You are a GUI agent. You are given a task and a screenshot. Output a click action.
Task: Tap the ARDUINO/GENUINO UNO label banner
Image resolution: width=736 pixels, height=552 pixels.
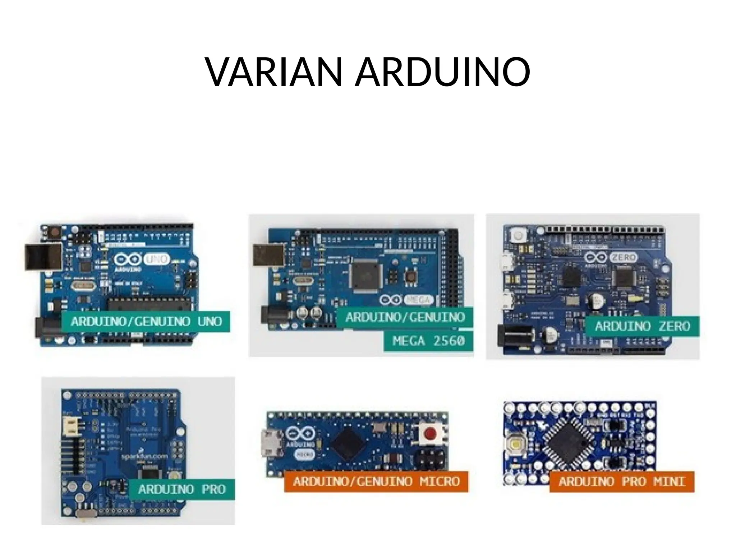point(146,321)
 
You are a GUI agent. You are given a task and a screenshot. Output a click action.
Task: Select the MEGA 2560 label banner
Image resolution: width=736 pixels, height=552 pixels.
point(428,340)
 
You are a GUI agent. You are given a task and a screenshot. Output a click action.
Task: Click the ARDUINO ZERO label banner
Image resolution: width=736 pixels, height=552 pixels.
point(642,326)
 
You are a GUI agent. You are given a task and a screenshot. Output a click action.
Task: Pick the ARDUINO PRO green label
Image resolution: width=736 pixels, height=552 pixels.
point(182,489)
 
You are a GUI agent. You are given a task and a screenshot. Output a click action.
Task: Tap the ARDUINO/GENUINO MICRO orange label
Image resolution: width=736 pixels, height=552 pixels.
point(376,481)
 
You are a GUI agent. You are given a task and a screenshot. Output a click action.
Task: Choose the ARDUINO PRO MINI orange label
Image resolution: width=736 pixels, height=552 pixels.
point(622,481)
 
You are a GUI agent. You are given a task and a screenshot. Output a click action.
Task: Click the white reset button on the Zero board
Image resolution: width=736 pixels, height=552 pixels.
point(518,236)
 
